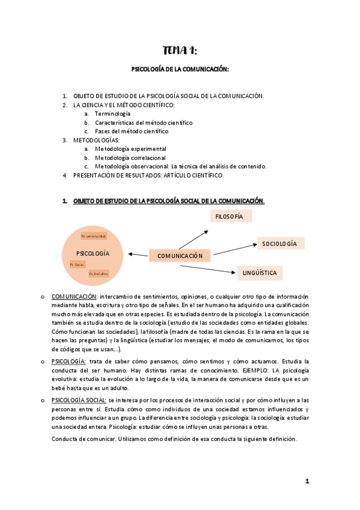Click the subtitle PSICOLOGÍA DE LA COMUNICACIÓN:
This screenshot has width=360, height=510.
[180, 70]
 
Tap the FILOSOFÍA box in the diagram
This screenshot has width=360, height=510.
[229, 216]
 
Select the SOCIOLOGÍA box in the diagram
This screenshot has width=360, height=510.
[279, 244]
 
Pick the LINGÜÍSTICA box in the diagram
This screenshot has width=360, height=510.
[260, 273]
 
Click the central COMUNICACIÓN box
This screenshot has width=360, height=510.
[180, 256]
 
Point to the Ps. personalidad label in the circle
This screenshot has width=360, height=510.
[93, 236]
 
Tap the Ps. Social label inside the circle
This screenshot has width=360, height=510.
[77, 264]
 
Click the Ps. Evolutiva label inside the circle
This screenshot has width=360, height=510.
[98, 274]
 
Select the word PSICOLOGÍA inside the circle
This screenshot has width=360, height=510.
[93, 254]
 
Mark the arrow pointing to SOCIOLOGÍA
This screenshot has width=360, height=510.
[234, 248]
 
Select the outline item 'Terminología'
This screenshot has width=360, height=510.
[112, 114]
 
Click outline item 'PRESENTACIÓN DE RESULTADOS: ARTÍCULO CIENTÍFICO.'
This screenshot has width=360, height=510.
[148, 175]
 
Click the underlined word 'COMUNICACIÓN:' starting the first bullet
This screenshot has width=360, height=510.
[74, 296]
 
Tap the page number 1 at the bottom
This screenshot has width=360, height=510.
[307, 481]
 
